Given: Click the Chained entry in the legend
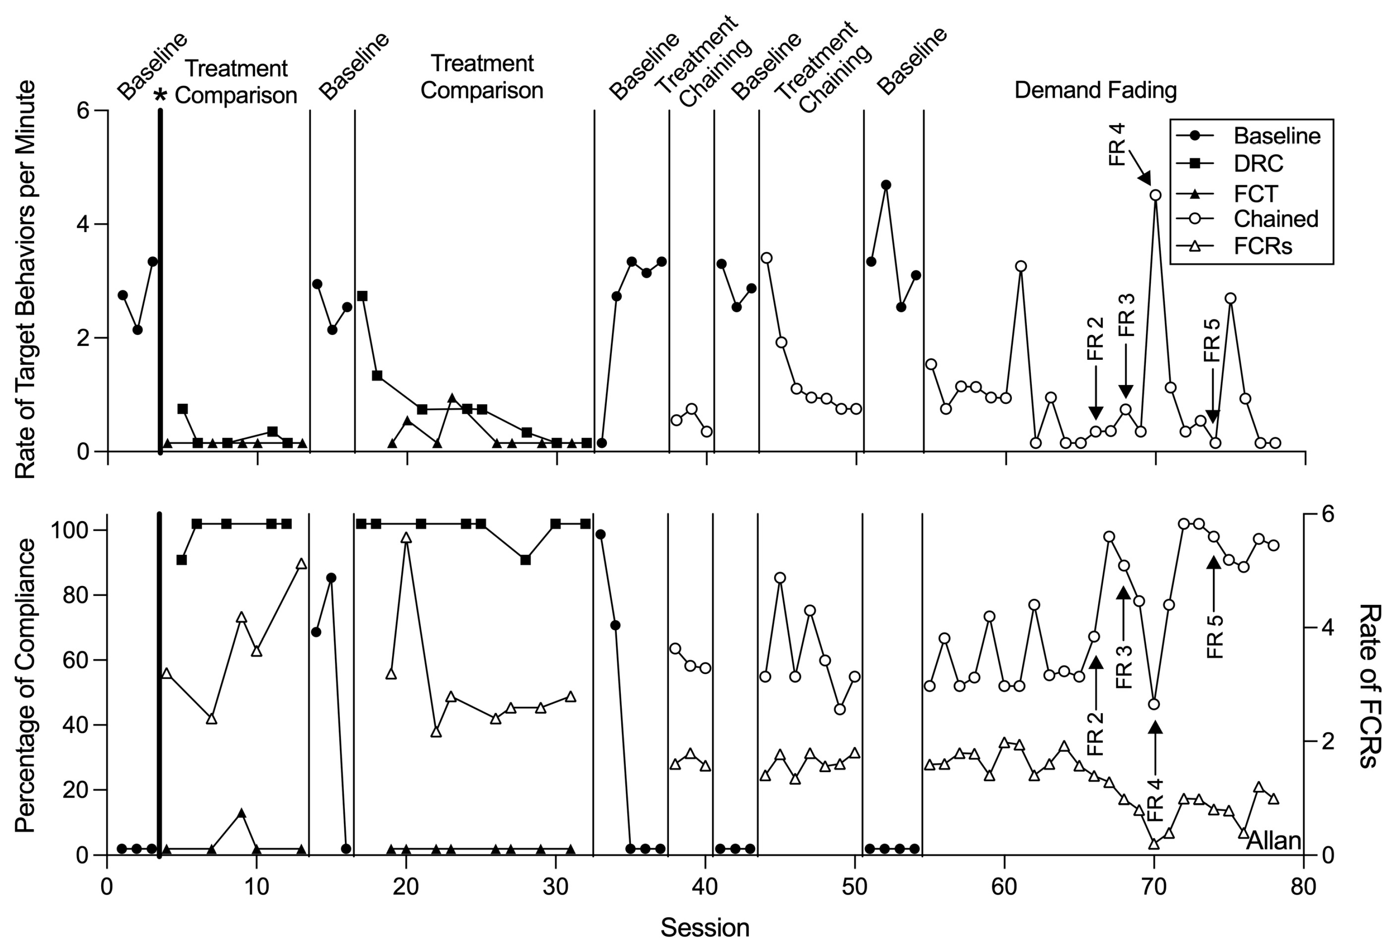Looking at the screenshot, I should pos(1275,219).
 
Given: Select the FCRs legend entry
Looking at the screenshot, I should pos(1262,246).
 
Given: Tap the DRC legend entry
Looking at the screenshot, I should pos(1258,163).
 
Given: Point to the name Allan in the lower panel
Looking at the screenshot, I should pos(1273,841).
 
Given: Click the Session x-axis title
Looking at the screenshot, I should pos(705,927).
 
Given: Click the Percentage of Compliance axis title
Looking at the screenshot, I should pos(26,685).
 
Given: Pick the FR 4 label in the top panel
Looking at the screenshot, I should pos(1117,144).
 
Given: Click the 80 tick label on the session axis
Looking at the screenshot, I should pos(1303,887).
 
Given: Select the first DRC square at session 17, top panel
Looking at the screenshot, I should pos(362,296).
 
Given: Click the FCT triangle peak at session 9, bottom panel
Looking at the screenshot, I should pos(241,813).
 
